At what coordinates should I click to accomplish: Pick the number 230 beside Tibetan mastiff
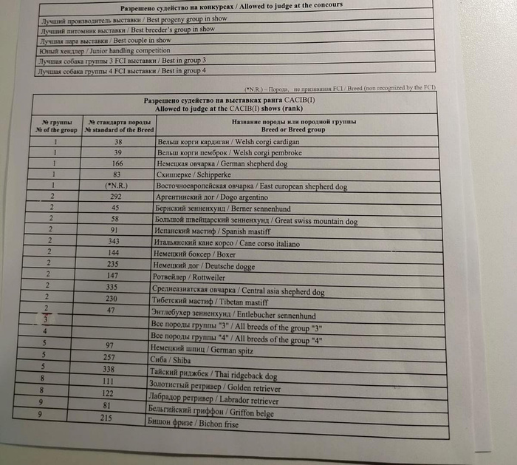(x=112, y=299)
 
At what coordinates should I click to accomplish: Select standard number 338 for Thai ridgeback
(x=109, y=369)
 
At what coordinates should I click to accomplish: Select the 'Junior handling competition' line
(x=103, y=51)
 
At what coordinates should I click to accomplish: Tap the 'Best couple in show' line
(x=104, y=41)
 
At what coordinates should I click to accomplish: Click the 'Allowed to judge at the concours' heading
(x=236, y=7)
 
